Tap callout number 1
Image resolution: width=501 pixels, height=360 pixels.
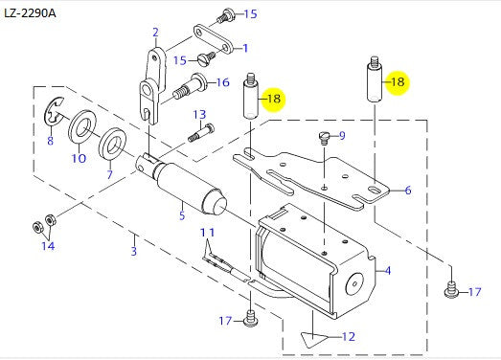tap(244, 48)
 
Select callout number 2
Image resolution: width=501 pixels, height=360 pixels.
tap(154, 33)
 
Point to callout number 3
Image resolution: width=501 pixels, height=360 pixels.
tap(134, 251)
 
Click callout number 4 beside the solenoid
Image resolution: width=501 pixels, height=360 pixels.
tap(387, 270)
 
